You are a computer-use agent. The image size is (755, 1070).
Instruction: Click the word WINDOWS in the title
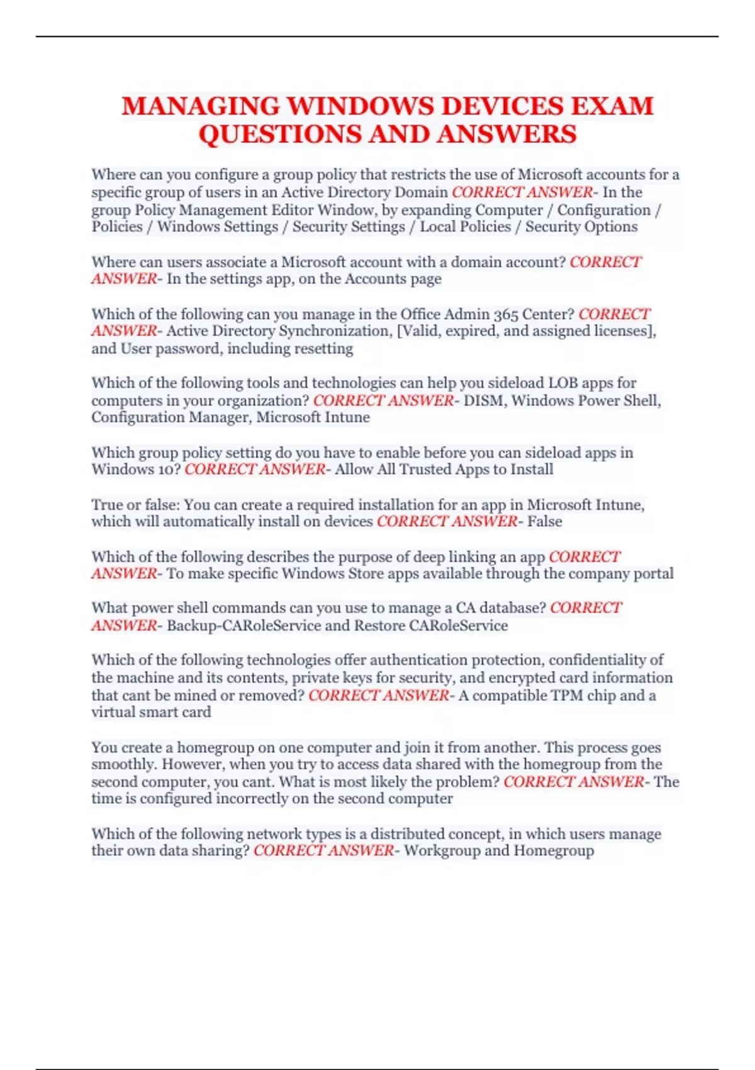click(361, 106)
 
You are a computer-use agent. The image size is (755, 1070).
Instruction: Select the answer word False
click(544, 521)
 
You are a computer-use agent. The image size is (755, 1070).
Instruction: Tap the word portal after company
click(652, 573)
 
